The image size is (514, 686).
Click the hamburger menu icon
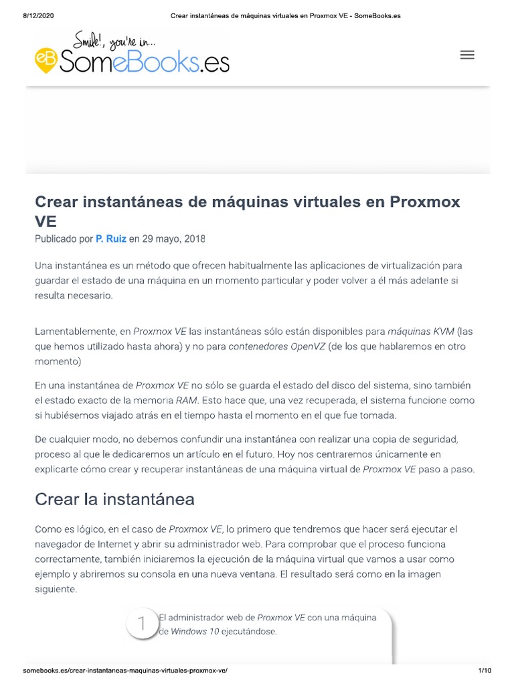(x=467, y=55)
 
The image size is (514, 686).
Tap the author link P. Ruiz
(x=111, y=238)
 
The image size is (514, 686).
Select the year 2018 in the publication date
(x=194, y=238)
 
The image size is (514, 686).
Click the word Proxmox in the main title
(x=425, y=202)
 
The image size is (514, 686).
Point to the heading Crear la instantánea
(x=114, y=499)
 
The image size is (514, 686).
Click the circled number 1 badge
(x=142, y=624)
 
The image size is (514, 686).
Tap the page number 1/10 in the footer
(x=485, y=671)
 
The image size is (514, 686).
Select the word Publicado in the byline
(x=56, y=238)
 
